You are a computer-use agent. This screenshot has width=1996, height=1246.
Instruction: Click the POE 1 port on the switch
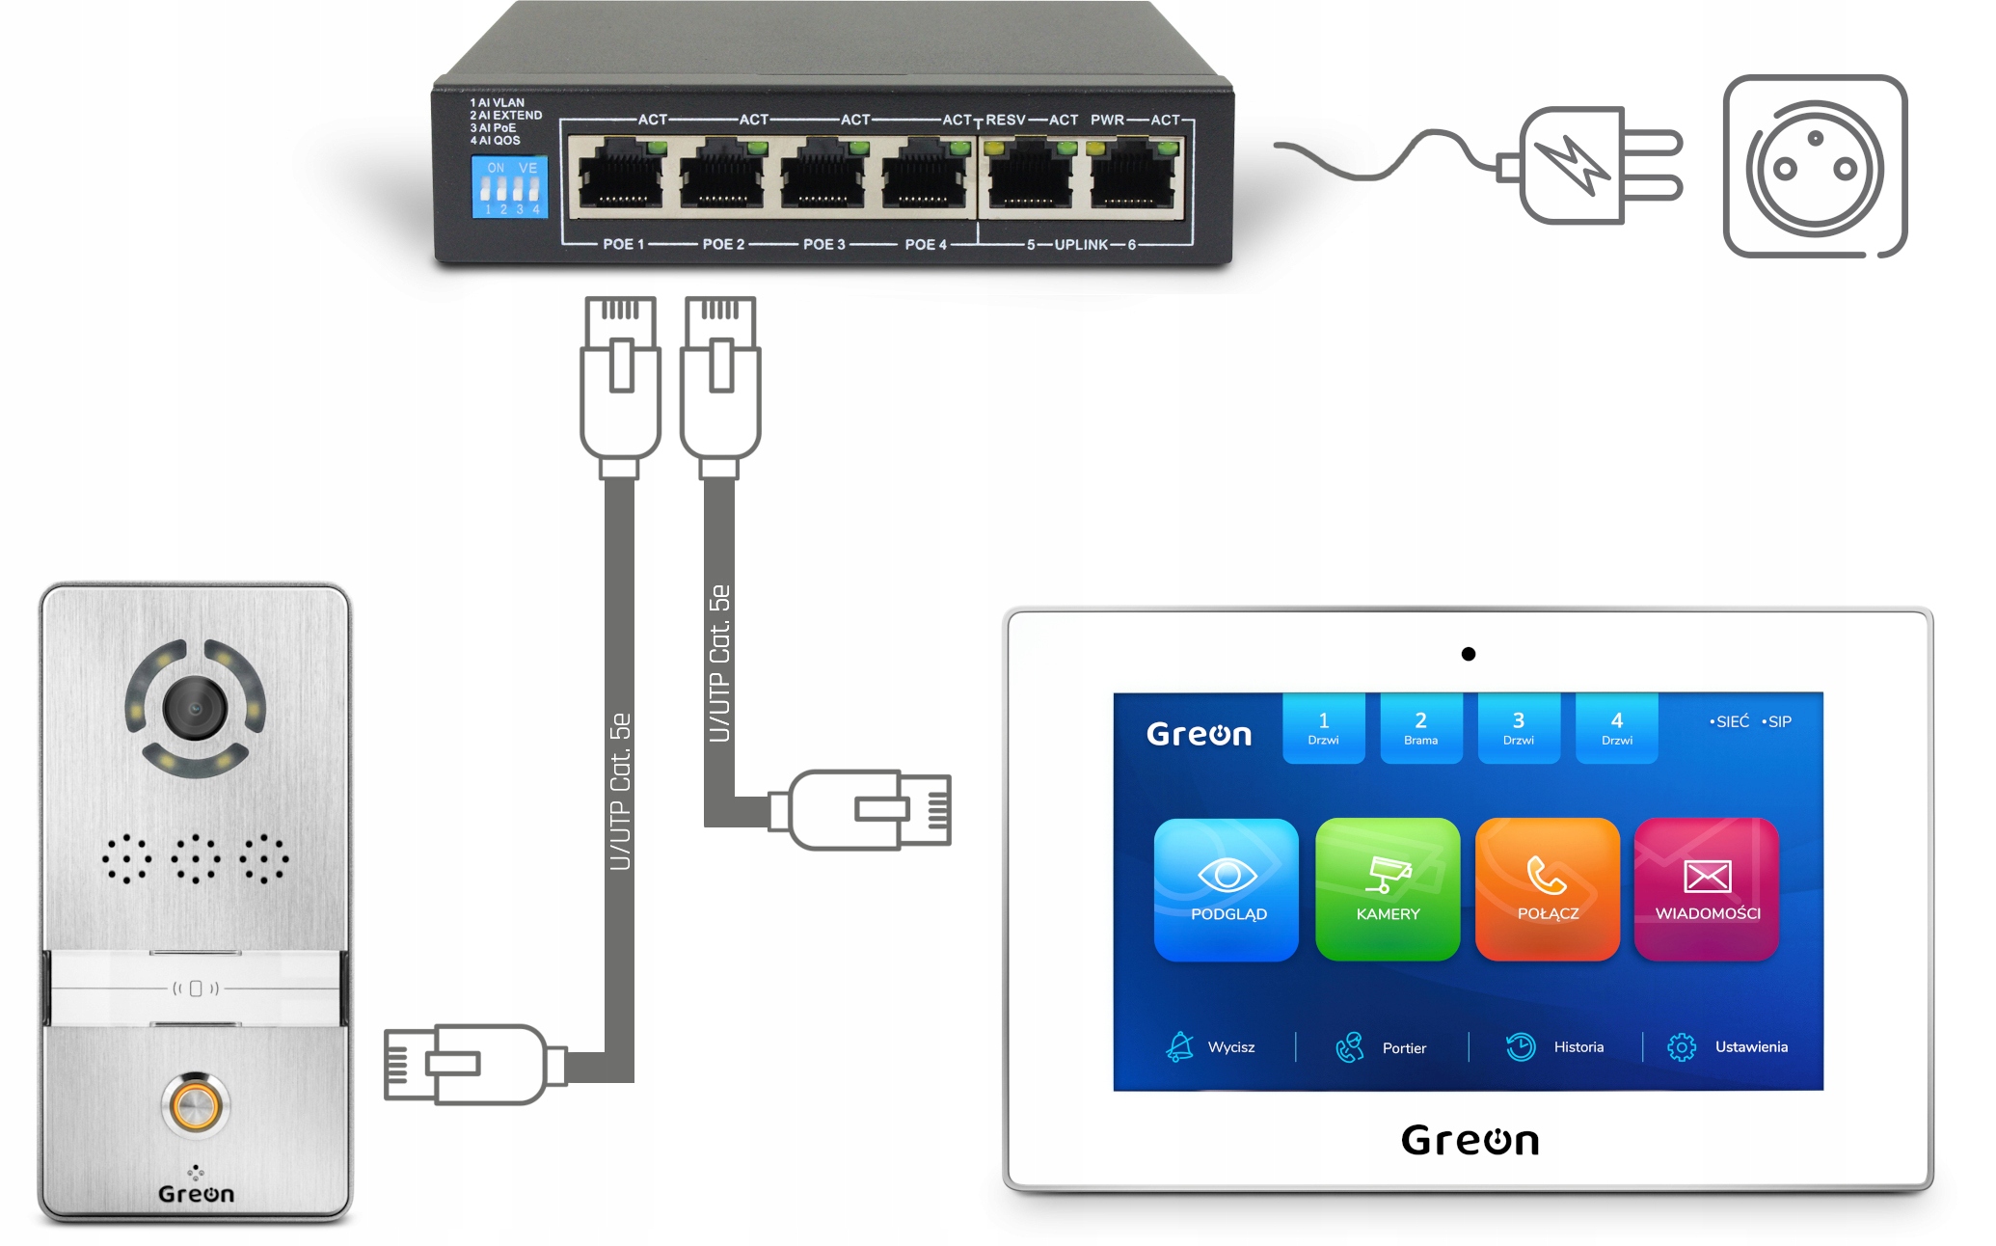(620, 175)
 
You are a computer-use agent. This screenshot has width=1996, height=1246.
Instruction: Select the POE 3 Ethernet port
(823, 175)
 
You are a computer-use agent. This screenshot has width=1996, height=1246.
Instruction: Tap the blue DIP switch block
(509, 187)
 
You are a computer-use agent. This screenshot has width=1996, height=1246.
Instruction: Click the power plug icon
(1591, 165)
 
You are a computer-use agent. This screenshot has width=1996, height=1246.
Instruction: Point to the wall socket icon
(1815, 167)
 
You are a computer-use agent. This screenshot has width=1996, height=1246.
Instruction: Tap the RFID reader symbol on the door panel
(196, 989)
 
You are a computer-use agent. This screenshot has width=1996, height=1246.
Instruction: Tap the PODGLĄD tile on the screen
(1227, 889)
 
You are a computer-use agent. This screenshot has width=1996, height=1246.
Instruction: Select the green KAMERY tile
(1388, 889)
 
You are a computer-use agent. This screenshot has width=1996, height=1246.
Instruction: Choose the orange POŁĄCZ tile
(1548, 889)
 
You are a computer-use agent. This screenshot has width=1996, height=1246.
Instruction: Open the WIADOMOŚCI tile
(1707, 889)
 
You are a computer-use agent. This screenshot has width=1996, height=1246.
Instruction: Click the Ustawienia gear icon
(1682, 1047)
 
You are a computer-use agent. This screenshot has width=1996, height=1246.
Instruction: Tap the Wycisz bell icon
(1179, 1047)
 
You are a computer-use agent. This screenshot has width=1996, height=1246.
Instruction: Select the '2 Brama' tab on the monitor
(1420, 728)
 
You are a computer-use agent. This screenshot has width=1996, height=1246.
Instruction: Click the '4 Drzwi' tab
(1616, 728)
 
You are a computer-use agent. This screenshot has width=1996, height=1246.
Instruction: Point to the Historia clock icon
(1521, 1047)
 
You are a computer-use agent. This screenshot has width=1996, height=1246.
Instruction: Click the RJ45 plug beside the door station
(463, 1064)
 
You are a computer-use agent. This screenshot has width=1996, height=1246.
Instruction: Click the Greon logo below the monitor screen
(1470, 1141)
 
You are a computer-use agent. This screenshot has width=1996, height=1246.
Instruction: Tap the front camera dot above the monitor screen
(1469, 654)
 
